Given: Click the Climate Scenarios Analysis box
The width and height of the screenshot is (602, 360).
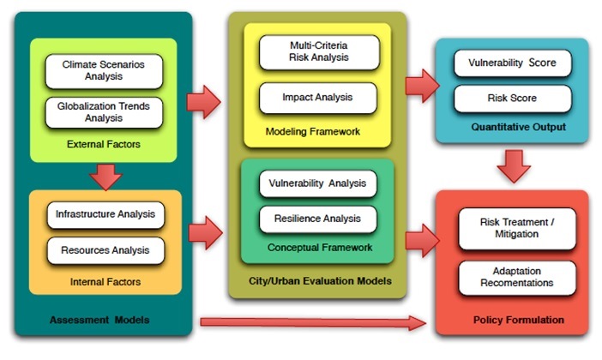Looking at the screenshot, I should coord(104,70).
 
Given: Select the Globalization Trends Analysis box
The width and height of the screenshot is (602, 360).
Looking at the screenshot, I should coord(104,112).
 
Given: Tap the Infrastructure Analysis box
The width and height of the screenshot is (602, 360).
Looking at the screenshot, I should coord(105,214).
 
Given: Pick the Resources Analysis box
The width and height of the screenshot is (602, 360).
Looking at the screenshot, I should coord(105,251).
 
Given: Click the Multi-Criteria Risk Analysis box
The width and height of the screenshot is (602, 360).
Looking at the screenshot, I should coord(318,51).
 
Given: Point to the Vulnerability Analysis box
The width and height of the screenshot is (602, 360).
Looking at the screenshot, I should coord(317,183).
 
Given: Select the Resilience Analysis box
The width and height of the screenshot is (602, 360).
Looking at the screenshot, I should coord(317,219).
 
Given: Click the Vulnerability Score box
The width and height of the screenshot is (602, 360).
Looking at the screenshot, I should coord(512,63).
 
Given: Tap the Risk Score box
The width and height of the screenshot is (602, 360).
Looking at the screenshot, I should coord(512,98).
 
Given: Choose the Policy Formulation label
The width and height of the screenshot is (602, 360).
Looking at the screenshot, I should coord(519,320).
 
